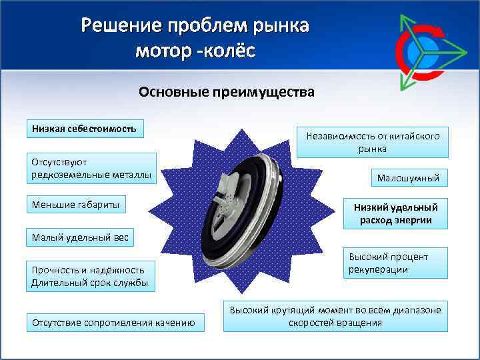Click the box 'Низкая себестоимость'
coord(84,128)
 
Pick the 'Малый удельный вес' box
coord(79,237)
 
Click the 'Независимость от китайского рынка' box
coord(373,142)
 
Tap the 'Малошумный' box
coord(409,178)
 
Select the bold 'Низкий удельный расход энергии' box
coord(396,213)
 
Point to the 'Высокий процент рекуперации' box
coord(396,263)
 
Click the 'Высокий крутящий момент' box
coord(335,317)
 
